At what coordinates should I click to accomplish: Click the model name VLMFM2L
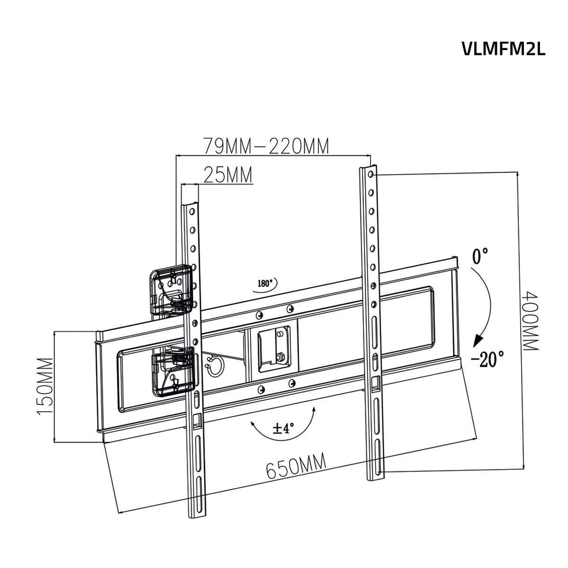coord(503,49)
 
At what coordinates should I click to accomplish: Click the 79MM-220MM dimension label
coord(266,146)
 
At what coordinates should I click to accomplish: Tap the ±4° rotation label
coord(284,428)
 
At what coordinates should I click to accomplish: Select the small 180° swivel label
coord(265,284)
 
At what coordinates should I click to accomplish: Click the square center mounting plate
coord(274,347)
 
